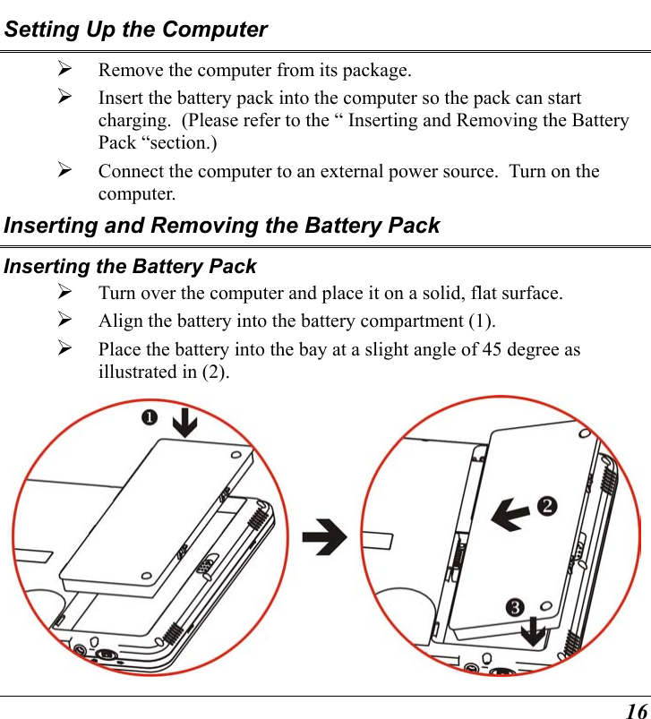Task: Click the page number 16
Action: [635, 709]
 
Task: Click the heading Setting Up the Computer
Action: [135, 30]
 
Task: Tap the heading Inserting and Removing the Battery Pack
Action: [221, 225]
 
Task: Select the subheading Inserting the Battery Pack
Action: [130, 266]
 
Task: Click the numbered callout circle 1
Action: [149, 419]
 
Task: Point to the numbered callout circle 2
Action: [544, 506]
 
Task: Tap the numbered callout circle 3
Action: [516, 608]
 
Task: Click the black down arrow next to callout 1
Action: [184, 421]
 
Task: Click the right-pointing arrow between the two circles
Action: [324, 540]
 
